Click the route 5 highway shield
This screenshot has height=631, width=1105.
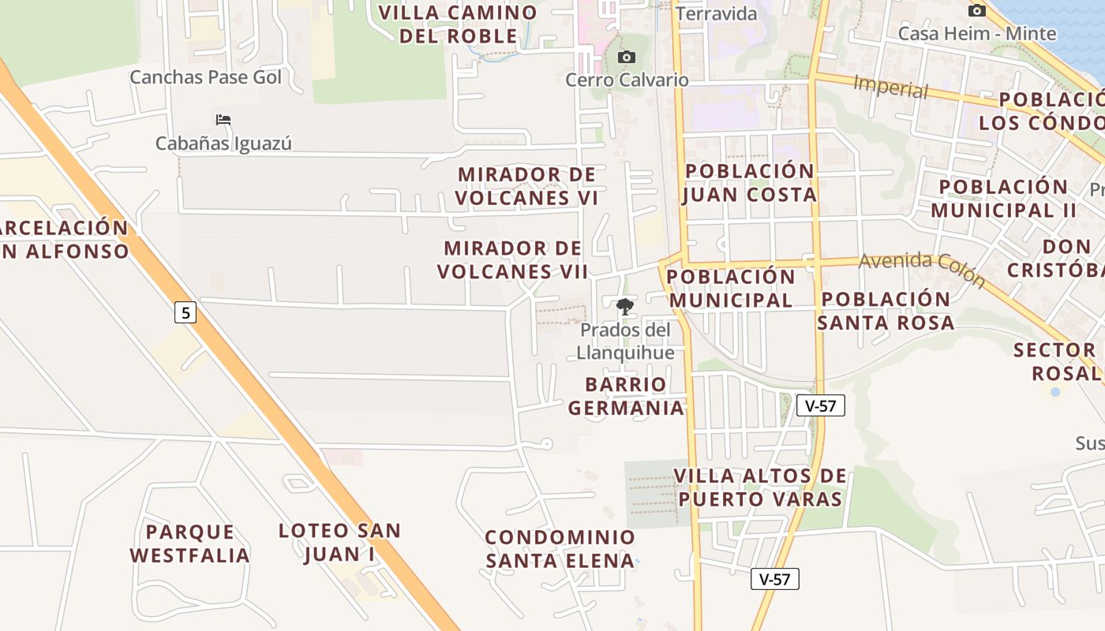(185, 313)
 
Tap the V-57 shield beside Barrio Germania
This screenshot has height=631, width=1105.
(821, 406)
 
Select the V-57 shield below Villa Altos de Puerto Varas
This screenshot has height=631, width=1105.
(774, 579)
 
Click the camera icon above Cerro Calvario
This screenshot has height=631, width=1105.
(627, 58)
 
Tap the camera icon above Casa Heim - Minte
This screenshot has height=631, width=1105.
(977, 11)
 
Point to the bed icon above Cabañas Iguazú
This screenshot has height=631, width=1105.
(223, 120)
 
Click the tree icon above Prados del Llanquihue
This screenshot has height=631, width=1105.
(625, 307)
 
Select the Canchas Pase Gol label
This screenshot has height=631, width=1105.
(205, 77)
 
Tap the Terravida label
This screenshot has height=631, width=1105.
(717, 14)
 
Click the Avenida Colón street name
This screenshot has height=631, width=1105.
(922, 270)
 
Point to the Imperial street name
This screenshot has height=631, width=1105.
(890, 87)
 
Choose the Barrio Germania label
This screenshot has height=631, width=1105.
(626, 396)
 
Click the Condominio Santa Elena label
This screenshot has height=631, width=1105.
(560, 549)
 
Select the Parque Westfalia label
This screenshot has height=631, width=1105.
(189, 543)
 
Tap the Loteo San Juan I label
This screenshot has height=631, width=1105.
(339, 542)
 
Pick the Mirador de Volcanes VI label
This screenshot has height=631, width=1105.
(526, 186)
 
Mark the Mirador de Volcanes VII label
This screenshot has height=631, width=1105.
(513, 260)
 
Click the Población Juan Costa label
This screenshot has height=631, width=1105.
(749, 183)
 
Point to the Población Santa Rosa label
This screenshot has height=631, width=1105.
(886, 311)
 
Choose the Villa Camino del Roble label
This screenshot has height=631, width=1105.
(458, 24)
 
